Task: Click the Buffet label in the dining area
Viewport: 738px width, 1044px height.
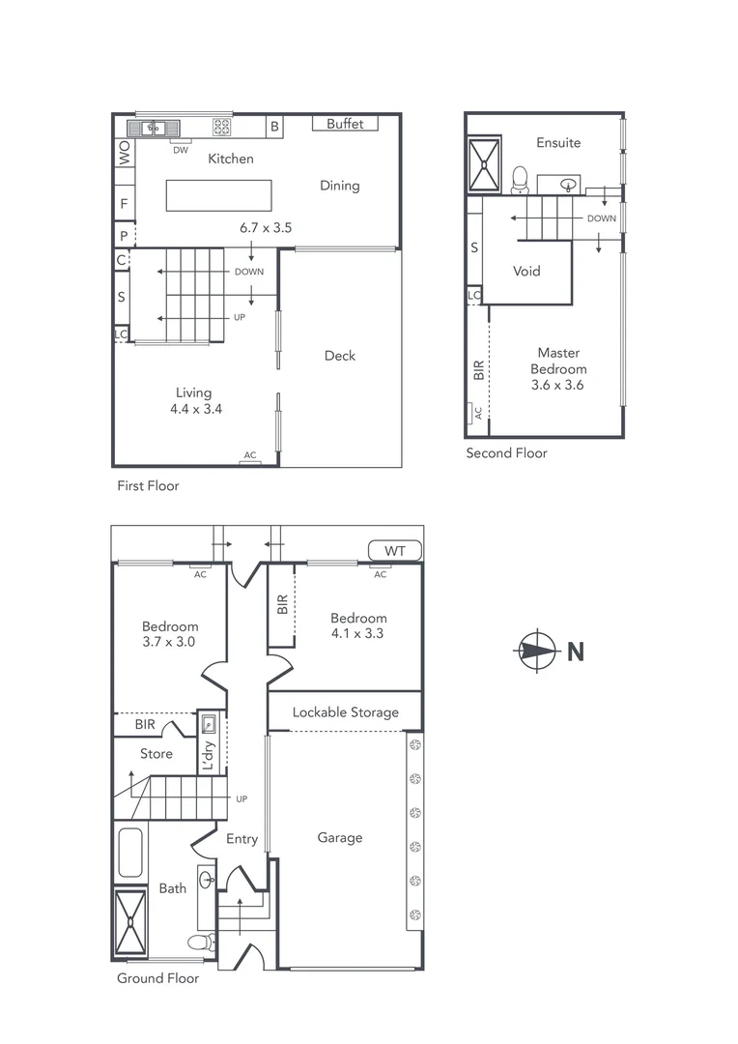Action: [345, 124]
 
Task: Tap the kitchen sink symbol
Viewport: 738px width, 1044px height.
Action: [153, 127]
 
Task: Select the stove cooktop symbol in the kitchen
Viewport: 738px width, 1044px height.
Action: [221, 127]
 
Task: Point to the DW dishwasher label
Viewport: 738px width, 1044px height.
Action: [181, 150]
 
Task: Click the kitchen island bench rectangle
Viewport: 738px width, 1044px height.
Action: [218, 195]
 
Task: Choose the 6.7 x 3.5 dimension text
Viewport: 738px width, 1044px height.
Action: [266, 228]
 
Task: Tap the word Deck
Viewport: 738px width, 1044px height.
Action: [340, 356]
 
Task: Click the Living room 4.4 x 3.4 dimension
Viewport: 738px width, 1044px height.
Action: [193, 409]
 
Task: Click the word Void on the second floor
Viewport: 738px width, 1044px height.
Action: [526, 271]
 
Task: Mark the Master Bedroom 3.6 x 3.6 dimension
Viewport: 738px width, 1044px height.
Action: [558, 385]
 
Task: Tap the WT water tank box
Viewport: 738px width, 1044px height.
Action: [395, 551]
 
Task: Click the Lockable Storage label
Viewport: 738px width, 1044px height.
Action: [346, 712]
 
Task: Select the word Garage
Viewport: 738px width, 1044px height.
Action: [340, 838]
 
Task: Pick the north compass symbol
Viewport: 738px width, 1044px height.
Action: [534, 651]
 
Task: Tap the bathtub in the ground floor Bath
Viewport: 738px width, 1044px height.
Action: [129, 852]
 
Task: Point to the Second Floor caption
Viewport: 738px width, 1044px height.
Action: [506, 452]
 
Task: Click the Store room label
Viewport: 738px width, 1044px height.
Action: [156, 754]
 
